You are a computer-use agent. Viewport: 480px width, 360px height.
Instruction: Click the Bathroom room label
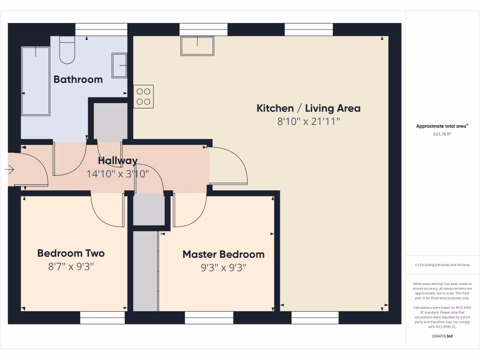click(78, 79)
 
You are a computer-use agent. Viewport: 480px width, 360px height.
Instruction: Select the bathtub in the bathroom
click(36, 80)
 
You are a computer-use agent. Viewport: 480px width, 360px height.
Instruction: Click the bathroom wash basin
click(119, 66)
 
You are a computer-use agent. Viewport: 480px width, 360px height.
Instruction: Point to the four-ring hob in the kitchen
click(143, 97)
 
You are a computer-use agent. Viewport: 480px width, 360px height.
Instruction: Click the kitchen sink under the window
click(197, 46)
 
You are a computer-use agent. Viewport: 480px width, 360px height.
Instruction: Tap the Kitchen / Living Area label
click(308, 108)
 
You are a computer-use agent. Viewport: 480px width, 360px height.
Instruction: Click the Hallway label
click(118, 161)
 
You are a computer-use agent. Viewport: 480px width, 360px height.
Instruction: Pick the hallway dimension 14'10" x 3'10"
click(118, 174)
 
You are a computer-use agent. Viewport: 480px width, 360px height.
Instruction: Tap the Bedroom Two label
click(71, 254)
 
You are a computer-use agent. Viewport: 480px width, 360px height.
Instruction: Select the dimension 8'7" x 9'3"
click(71, 267)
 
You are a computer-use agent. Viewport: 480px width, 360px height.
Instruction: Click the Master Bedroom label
click(223, 255)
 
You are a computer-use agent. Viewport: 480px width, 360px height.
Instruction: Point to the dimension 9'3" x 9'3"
click(223, 268)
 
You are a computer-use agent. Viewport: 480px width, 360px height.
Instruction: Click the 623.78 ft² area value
click(442, 134)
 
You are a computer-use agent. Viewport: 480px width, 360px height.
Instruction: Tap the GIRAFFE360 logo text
click(442, 336)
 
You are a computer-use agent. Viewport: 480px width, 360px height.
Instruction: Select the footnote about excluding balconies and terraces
click(442, 265)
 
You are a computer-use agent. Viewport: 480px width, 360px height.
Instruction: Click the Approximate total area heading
click(442, 126)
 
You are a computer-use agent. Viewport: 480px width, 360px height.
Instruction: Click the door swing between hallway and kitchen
click(229, 165)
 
